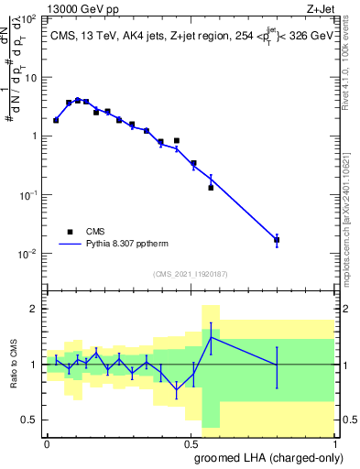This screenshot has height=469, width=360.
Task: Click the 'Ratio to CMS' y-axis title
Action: pos(15,365)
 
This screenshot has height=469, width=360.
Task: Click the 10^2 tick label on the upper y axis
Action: pos(28,18)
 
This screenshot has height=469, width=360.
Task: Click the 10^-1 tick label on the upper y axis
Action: pos(27,195)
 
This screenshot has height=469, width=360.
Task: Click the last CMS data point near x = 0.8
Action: pos(277,240)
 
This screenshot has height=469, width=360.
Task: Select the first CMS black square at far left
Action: pos(56,120)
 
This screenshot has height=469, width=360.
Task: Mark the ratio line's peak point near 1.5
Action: pos(211,337)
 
